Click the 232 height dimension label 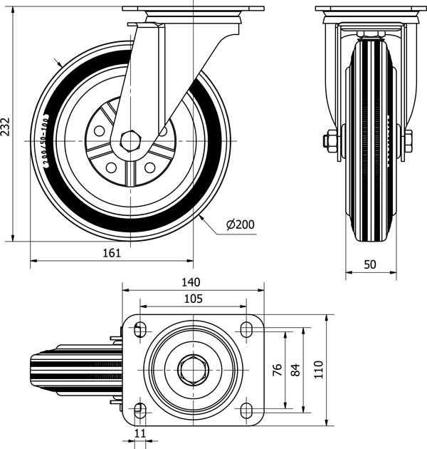(6, 125)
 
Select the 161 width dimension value (112, 252)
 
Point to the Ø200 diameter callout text (240, 225)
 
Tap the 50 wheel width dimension (370, 264)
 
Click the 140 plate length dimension (191, 282)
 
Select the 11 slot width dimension (139, 433)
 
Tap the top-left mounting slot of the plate (139, 329)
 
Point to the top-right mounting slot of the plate (246, 329)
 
